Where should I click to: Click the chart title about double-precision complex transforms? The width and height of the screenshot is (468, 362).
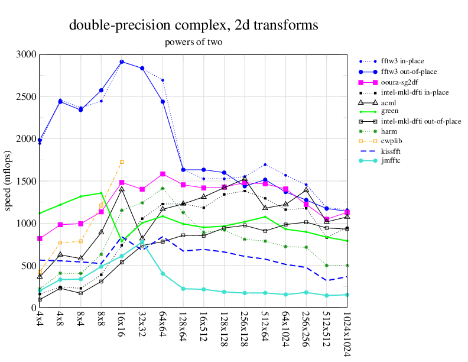pyautogui.click(x=194, y=25)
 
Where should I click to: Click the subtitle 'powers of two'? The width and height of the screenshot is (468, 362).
pyautogui.click(x=193, y=42)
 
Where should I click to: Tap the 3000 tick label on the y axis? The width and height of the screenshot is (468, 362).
pyautogui.click(x=25, y=54)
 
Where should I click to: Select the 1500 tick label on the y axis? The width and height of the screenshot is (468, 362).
pyautogui.click(x=25, y=181)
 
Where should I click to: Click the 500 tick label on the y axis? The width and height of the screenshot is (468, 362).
pyautogui.click(x=28, y=266)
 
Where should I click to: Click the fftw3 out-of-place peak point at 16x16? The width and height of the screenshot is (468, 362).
pyautogui.click(x=122, y=62)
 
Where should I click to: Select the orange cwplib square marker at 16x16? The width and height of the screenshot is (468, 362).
pyautogui.click(x=122, y=161)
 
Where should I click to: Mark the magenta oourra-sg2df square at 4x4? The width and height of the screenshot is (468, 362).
pyautogui.click(x=40, y=238)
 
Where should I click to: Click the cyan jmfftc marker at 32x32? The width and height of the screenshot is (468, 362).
pyautogui.click(x=142, y=243)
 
